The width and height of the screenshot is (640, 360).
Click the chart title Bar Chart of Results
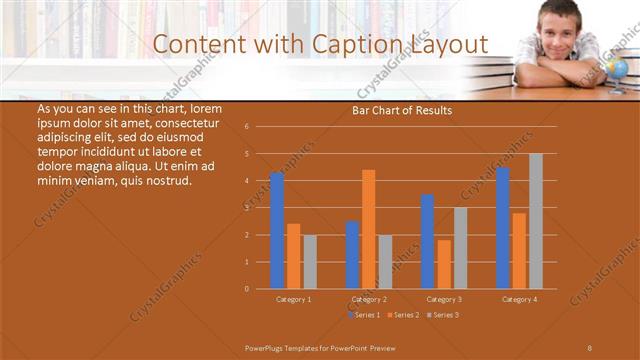(402, 110)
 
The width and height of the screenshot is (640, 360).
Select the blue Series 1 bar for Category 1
(277, 231)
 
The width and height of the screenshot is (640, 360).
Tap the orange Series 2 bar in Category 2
(369, 229)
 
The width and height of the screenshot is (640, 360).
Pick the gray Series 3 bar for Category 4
(536, 221)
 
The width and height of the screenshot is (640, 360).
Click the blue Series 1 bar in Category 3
(427, 241)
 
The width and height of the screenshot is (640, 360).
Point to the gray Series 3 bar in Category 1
(310, 262)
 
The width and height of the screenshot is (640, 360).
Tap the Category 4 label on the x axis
(518, 299)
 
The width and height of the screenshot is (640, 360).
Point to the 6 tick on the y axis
(260, 127)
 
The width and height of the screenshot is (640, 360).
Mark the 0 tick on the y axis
(260, 288)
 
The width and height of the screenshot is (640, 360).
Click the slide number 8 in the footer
(589, 347)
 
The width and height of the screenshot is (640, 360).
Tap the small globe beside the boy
(617, 69)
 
